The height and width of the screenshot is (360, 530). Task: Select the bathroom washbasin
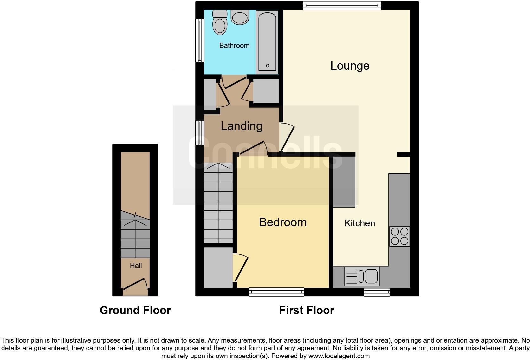click(239, 17)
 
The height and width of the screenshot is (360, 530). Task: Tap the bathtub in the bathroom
click(267, 41)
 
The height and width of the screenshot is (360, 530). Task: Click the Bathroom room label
click(234, 46)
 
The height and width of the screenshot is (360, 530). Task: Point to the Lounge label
click(350, 66)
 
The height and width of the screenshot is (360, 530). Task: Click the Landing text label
click(242, 126)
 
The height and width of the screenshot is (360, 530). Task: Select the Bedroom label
click(283, 222)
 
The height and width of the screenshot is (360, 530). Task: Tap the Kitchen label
click(359, 223)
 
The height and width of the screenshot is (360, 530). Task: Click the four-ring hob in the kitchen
click(399, 236)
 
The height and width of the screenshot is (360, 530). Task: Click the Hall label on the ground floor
click(136, 266)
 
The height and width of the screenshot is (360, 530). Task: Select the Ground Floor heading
click(135, 310)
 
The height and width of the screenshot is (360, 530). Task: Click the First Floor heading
click(307, 310)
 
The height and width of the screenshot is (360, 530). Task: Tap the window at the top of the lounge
click(341, 5)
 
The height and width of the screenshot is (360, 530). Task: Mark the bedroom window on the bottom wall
click(276, 292)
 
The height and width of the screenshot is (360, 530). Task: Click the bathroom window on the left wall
click(199, 40)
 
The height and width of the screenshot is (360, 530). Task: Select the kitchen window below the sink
click(377, 292)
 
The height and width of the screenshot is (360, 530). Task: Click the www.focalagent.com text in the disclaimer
click(339, 356)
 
